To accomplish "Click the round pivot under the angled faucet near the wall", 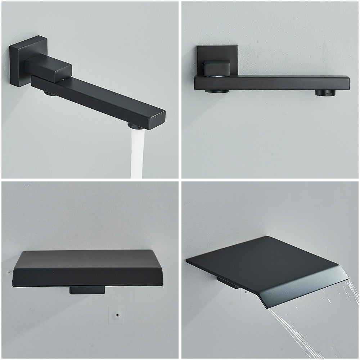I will (x=50, y=94).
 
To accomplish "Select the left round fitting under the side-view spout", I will (x=217, y=91).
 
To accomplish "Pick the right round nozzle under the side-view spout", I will (x=325, y=93).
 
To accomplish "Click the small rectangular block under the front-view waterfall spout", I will (x=87, y=290).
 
